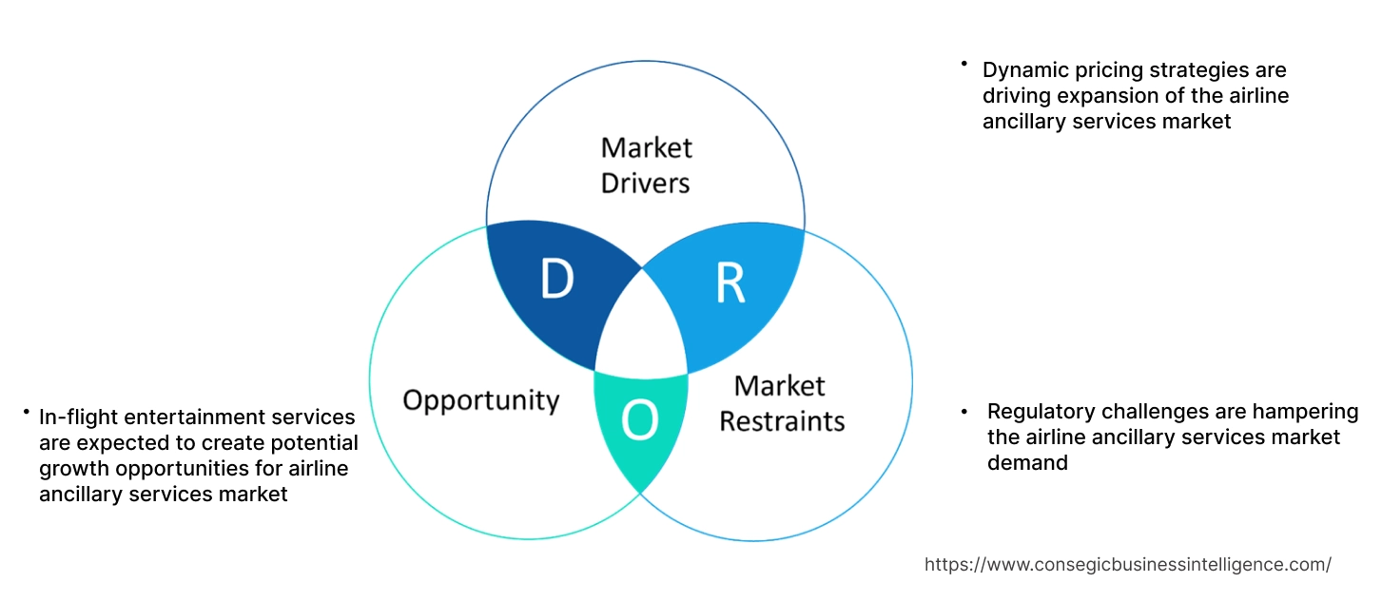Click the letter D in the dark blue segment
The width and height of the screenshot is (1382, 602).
tap(556, 278)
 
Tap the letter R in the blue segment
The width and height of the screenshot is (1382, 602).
tap(730, 282)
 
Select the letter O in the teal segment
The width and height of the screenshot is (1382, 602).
tap(640, 421)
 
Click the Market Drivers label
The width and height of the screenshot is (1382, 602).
tap(646, 165)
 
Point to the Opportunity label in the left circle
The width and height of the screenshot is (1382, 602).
tap(480, 399)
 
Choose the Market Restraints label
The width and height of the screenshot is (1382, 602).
tap(781, 402)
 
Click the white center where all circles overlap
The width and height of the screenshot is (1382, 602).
tap(641, 328)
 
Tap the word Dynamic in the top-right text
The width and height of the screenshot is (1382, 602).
tap(1025, 70)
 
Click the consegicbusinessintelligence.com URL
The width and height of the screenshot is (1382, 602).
tap(1127, 565)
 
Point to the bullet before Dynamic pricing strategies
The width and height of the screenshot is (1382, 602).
tap(963, 64)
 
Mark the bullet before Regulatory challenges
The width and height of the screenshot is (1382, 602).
tap(964, 412)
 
